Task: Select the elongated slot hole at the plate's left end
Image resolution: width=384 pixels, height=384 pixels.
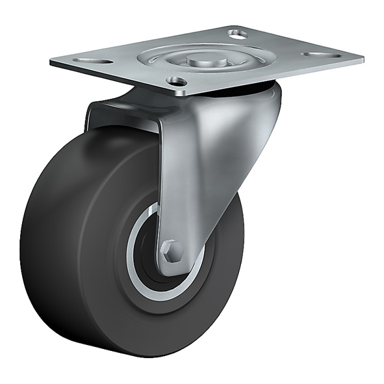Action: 84,60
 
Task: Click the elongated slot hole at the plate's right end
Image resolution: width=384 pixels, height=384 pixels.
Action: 322,55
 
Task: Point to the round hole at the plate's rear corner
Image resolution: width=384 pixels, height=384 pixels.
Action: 238,32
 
